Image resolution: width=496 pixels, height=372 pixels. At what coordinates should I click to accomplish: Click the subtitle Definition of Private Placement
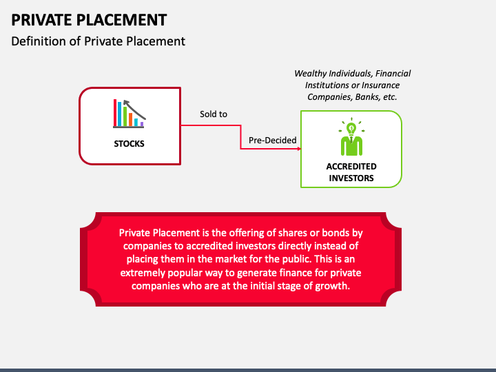tap(98, 41)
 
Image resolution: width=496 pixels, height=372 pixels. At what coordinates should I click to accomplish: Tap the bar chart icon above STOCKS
tap(129, 114)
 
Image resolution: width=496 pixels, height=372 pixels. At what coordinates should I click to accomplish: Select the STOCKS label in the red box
tap(130, 144)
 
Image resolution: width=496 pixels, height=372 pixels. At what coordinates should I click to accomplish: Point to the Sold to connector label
tap(214, 114)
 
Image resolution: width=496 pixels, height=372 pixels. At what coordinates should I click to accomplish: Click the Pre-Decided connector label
tap(273, 141)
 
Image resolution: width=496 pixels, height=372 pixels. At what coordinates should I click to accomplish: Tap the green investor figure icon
tap(351, 140)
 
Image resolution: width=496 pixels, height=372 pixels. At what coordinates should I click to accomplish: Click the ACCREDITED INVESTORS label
tap(351, 172)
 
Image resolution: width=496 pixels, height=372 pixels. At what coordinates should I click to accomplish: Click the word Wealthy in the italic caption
tap(311, 73)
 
